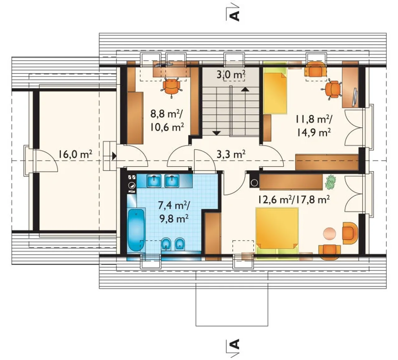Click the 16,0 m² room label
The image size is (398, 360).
tap(75, 154)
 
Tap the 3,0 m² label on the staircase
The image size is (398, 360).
tap(231, 75)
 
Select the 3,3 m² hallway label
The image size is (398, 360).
tap(231, 154)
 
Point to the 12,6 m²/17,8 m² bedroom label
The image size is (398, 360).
tap(294, 200)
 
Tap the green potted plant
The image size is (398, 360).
tap(331, 182)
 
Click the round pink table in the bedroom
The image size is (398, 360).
tap(330, 233)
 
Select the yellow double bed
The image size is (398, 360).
tap(277, 231)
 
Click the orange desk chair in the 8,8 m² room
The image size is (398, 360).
tap(172, 88)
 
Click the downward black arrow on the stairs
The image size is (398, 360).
tap(216, 133)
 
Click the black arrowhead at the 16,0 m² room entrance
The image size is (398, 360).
tap(114, 156)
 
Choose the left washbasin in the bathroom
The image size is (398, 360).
tap(154, 181)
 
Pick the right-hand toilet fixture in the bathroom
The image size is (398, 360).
tap(180, 244)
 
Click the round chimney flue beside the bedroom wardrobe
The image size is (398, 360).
tap(254, 182)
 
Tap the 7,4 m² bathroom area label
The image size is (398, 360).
tap(174, 205)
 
